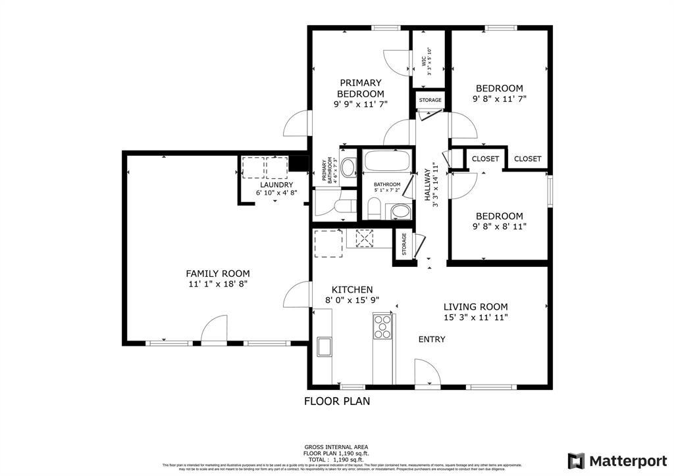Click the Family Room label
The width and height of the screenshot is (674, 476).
(217, 274)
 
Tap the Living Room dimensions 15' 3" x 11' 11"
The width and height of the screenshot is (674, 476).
(475, 318)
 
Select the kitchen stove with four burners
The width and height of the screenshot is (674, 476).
(382, 327)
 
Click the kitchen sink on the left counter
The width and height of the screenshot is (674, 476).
(323, 346)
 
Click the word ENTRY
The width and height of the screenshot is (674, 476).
(432, 339)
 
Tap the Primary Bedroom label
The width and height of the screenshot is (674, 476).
(360, 88)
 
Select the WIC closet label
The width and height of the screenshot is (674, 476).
(425, 61)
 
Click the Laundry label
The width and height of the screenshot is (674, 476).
(276, 185)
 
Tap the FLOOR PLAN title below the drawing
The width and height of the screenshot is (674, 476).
(336, 400)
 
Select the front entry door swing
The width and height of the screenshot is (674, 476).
(427, 373)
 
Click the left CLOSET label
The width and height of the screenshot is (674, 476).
(486, 158)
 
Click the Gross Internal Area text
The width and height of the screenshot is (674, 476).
(336, 447)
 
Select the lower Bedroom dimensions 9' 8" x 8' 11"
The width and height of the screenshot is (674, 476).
(499, 227)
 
